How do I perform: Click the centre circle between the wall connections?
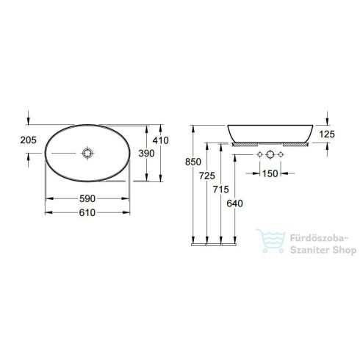pyautogui.click(x=270, y=156)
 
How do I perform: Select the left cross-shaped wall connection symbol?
pyautogui.click(x=259, y=156)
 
